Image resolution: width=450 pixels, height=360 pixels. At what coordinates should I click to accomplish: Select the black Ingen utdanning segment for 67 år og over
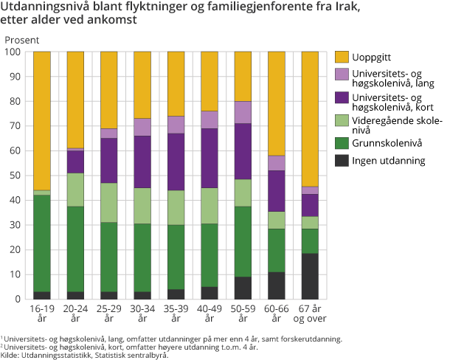310,276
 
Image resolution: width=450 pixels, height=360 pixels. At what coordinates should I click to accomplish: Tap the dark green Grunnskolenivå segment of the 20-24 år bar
75,249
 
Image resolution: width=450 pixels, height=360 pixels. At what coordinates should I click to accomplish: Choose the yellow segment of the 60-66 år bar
277,103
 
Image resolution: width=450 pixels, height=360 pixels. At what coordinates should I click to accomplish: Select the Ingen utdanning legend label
389,160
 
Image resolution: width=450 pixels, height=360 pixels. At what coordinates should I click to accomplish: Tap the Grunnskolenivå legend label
387,142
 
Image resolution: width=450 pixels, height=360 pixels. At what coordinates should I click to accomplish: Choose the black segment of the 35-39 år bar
176,294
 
